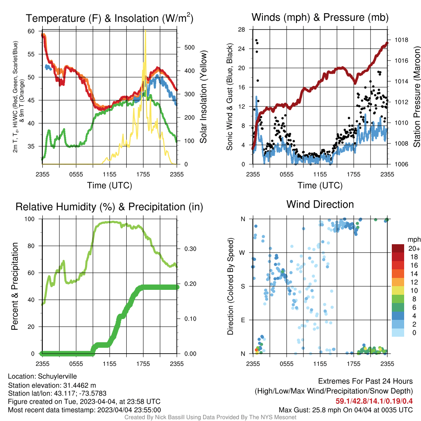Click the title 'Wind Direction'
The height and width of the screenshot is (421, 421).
(x=320, y=205)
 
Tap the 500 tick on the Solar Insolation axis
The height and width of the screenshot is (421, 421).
(x=190, y=48)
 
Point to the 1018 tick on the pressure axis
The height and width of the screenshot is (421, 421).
(x=401, y=40)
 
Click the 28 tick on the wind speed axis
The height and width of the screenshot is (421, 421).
(x=242, y=30)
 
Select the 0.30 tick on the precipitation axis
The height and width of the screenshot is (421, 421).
(x=190, y=249)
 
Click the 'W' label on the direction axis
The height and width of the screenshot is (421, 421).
(x=242, y=253)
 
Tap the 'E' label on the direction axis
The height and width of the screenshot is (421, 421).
(x=243, y=320)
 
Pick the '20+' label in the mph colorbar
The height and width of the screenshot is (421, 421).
(x=414, y=248)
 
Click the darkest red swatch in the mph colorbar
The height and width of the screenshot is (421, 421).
(x=398, y=248)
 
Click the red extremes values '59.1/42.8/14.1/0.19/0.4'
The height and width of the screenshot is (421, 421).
(x=374, y=401)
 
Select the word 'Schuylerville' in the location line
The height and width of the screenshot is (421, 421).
(x=57, y=377)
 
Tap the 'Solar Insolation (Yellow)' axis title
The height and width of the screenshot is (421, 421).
(x=204, y=97)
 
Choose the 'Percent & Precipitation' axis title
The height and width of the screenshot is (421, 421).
(x=14, y=286)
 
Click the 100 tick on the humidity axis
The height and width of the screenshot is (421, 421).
(x=30, y=219)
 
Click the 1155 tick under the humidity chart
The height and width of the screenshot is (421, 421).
(x=109, y=364)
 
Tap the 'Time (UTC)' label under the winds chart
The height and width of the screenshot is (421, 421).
(x=320, y=185)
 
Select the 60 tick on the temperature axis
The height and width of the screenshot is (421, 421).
(x=31, y=31)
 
